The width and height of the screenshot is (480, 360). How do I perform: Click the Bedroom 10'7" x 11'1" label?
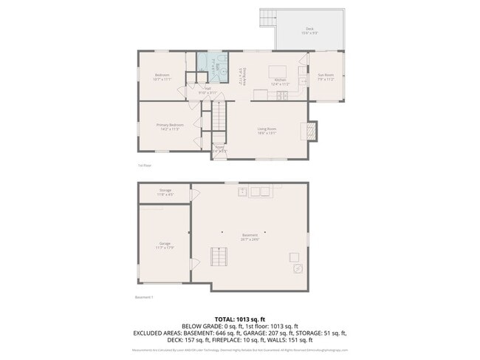coord(162,76)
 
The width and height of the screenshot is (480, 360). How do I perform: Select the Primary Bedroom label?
coord(170,126)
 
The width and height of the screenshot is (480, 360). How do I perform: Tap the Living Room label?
coord(267,131)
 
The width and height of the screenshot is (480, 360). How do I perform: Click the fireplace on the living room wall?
coord(312,131)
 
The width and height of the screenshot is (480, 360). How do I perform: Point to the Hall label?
coord(208,91)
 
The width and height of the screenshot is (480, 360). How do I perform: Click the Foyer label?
coord(219,149)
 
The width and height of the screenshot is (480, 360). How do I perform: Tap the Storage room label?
coord(165,192)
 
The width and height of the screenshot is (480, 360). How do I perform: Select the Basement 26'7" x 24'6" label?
coord(249,237)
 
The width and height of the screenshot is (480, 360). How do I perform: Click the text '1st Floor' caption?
coord(145,166)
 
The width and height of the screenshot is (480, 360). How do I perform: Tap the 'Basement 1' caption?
coord(144,297)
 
